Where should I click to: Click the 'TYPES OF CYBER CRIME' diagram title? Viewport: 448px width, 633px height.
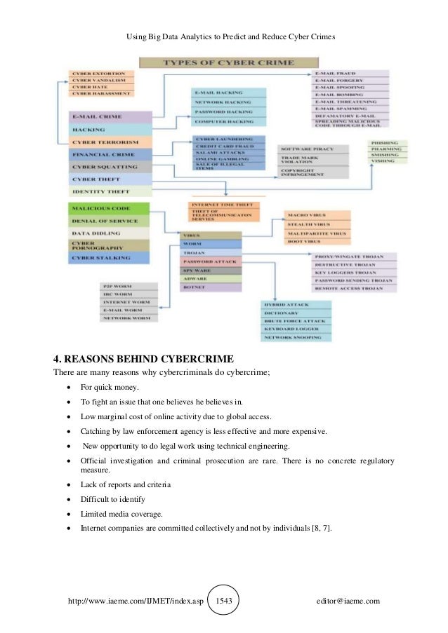(x=220, y=62)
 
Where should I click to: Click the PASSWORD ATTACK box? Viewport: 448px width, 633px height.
(x=210, y=261)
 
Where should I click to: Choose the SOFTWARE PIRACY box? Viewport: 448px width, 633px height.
(x=313, y=149)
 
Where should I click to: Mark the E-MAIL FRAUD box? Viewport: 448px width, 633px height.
(x=349, y=74)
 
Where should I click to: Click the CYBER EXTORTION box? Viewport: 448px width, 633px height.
(x=100, y=73)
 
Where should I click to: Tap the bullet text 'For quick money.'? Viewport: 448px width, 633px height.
(x=110, y=388)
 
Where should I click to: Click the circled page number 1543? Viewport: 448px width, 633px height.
(x=224, y=601)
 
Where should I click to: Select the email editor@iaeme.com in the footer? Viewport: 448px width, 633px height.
(x=348, y=601)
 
